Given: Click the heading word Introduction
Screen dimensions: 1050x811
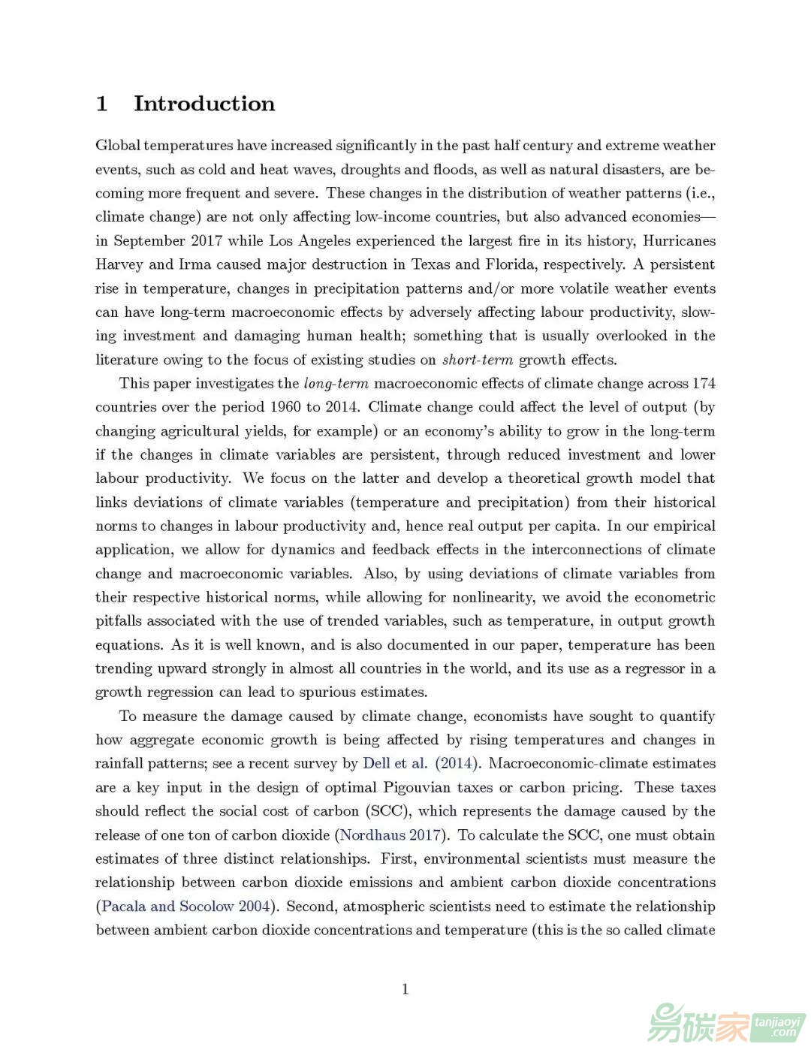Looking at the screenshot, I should point(204,104).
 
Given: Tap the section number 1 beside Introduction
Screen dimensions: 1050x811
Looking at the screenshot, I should point(102,104).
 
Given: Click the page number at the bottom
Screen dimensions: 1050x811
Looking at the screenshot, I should point(405,989).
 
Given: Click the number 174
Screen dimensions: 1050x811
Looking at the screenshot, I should point(703,383).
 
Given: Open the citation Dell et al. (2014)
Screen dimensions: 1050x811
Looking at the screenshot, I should point(421,764).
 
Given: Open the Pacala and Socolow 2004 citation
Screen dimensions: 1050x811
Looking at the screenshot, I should point(185,907).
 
